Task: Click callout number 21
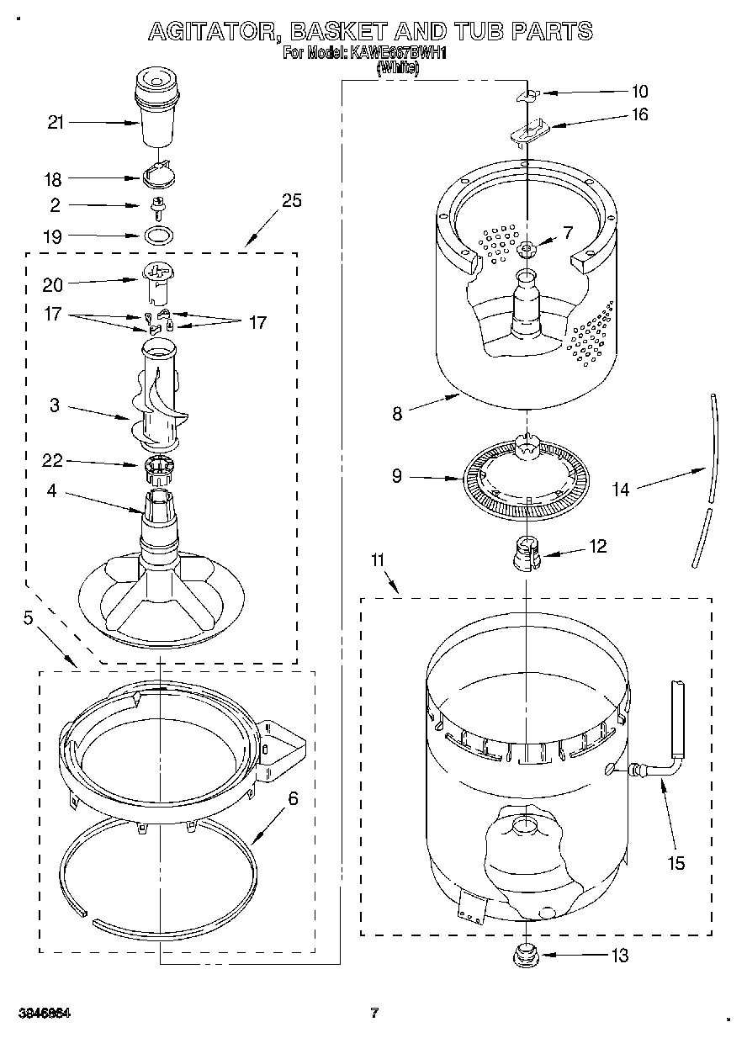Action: tap(56, 123)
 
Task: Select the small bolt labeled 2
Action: tap(156, 205)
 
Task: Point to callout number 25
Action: tap(292, 200)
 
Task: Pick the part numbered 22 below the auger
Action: tap(156, 468)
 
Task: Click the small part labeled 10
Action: tap(527, 96)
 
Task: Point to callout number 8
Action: tap(397, 413)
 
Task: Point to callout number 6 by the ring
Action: tap(293, 799)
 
